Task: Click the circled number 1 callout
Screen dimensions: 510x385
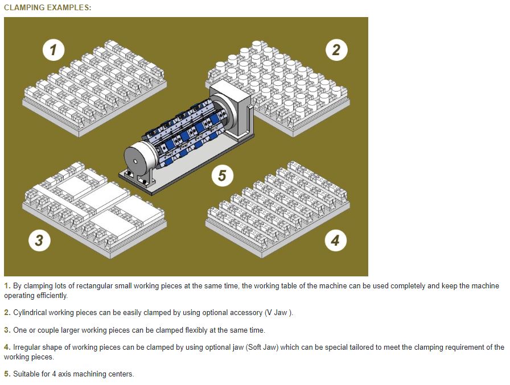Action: pyautogui.click(x=54, y=49)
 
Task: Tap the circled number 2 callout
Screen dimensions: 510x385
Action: pyautogui.click(x=336, y=49)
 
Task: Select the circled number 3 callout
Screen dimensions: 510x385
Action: pyautogui.click(x=39, y=241)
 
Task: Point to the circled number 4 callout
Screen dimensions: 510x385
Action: pyautogui.click(x=336, y=241)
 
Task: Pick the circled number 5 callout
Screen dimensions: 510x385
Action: pyautogui.click(x=222, y=176)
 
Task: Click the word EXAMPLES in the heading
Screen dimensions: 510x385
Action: pyautogui.click(x=69, y=7)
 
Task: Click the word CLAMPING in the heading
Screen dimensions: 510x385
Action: pyautogui.click(x=24, y=7)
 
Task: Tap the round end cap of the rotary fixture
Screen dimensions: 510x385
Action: pyautogui.click(x=137, y=161)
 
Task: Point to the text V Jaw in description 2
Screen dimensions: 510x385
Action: pyautogui.click(x=277, y=313)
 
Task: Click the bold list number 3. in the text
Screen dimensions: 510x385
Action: pyautogui.click(x=7, y=330)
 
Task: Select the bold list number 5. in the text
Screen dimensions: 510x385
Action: pyautogui.click(x=7, y=374)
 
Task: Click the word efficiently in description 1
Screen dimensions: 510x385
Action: pyautogui.click(x=51, y=296)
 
